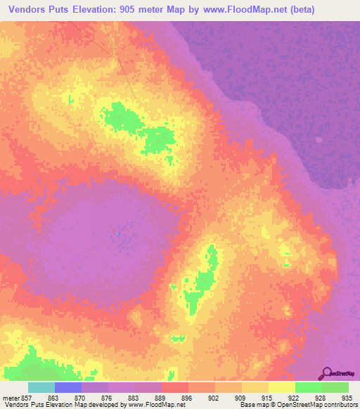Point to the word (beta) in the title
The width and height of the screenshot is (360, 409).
coord(300,9)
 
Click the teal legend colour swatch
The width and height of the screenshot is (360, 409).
coord(41,387)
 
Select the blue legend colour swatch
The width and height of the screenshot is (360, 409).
coord(68,387)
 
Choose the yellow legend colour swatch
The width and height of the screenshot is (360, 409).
coord(281,387)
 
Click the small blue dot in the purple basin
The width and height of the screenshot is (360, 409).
coord(118,234)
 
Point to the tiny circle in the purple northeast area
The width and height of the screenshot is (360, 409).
coord(318,140)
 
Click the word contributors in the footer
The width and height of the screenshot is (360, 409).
coord(340,405)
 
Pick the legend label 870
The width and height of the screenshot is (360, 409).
coord(82,397)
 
